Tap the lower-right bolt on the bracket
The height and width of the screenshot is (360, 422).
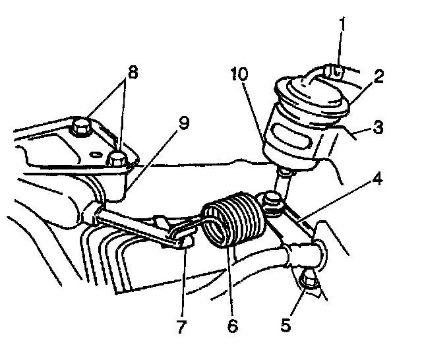(117, 158)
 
